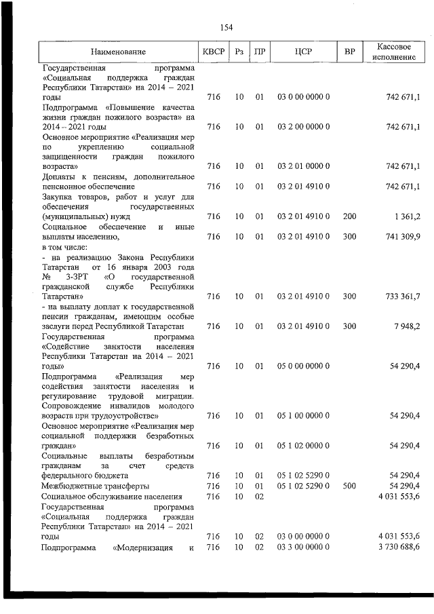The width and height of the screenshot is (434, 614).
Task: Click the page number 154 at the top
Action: (x=226, y=27)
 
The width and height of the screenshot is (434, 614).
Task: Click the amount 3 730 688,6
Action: (x=396, y=547)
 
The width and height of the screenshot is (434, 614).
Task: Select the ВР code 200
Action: (x=349, y=216)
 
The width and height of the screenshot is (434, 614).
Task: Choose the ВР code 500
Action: (x=349, y=486)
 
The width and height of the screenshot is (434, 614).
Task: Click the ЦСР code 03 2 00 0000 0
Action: (x=303, y=126)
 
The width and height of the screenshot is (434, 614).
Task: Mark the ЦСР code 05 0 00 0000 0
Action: (x=303, y=366)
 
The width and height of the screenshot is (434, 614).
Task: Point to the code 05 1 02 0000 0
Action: (x=303, y=446)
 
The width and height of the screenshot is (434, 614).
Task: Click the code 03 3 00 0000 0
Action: (x=303, y=547)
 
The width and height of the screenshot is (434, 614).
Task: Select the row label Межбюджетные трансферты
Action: (x=95, y=486)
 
